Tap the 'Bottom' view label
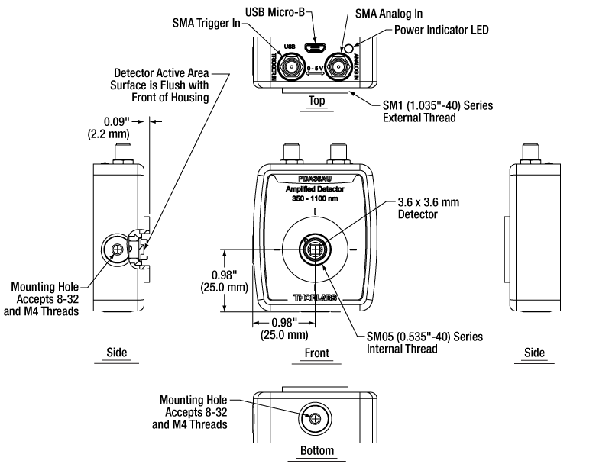[x=316, y=450]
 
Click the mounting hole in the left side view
[x=117, y=250]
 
